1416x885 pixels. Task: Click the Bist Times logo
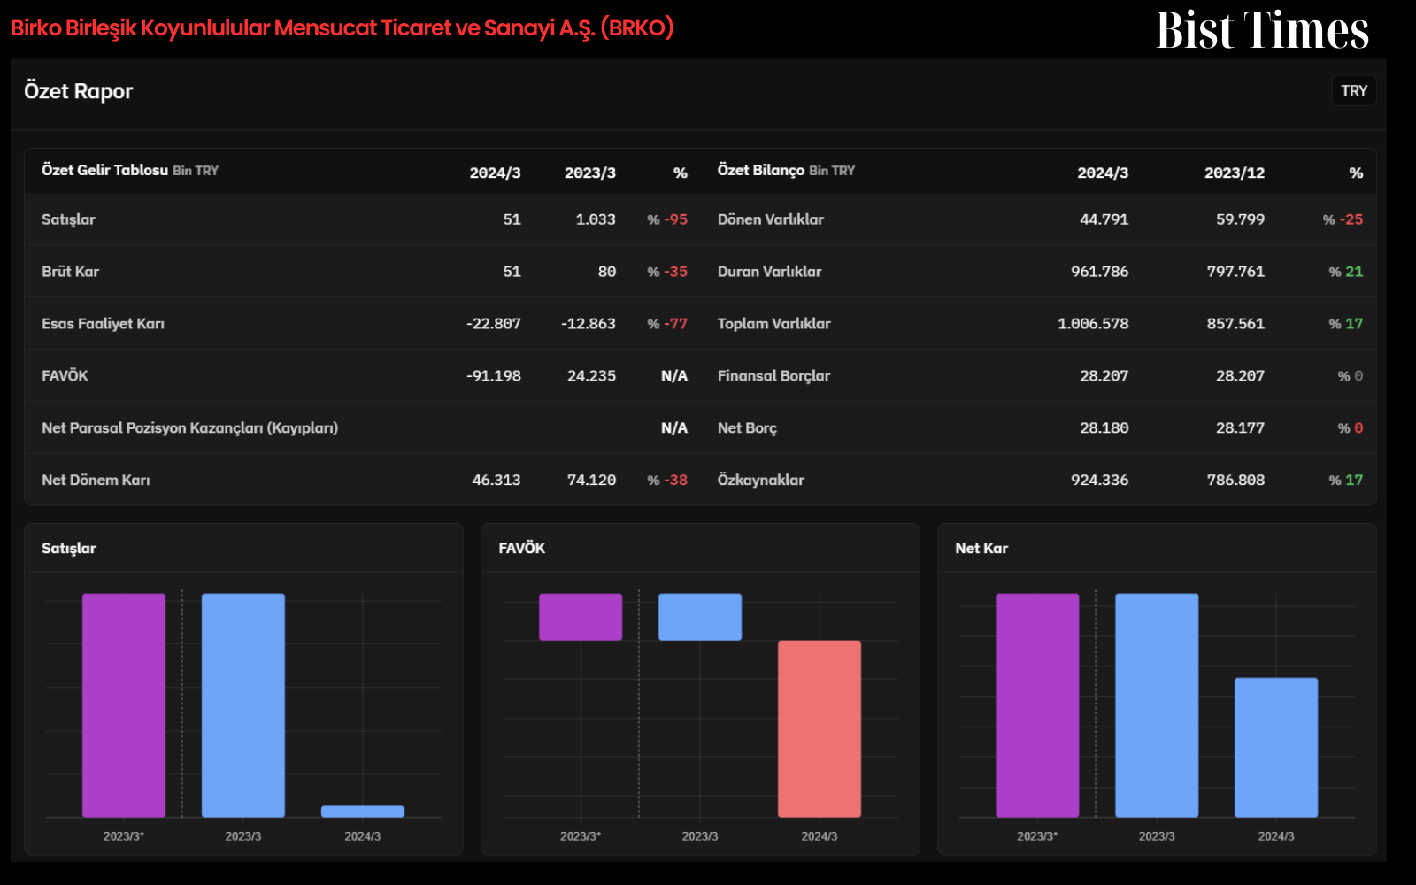(x=1262, y=30)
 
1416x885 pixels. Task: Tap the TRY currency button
(x=1354, y=91)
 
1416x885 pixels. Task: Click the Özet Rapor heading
(x=79, y=91)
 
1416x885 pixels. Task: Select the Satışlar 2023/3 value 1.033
(x=596, y=219)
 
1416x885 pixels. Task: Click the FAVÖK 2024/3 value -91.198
(x=494, y=375)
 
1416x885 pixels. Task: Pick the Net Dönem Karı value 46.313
(x=496, y=480)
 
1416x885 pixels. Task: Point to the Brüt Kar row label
(x=70, y=271)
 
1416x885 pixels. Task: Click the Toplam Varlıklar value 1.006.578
(x=1093, y=324)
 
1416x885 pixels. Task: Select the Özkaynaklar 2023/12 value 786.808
(x=1235, y=480)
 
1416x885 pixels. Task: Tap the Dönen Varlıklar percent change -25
(x=1343, y=219)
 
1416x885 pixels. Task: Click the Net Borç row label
(x=747, y=428)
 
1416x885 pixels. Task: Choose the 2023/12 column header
(x=1235, y=173)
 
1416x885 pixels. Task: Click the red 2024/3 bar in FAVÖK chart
(x=820, y=729)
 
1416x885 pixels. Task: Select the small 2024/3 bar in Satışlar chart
(x=362, y=812)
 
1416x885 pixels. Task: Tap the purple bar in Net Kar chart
(x=1037, y=705)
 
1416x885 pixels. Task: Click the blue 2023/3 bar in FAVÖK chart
(x=700, y=617)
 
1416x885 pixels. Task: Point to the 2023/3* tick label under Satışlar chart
(x=124, y=836)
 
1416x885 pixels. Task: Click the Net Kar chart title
(x=981, y=548)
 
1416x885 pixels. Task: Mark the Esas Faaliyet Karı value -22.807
(x=494, y=324)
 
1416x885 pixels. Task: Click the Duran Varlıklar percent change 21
(x=1346, y=271)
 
